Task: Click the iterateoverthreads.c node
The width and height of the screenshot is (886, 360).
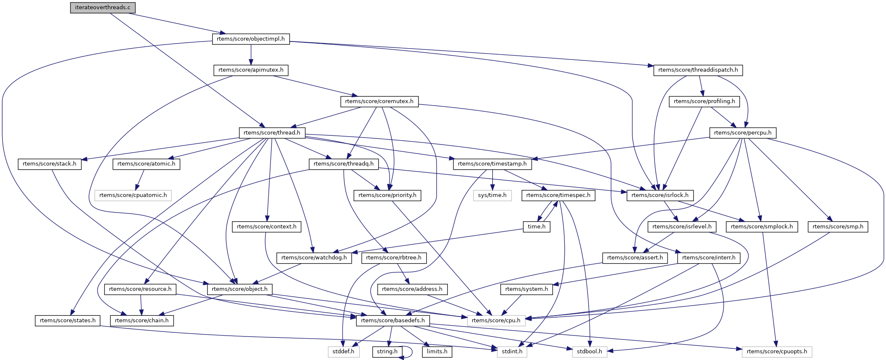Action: tap(103, 8)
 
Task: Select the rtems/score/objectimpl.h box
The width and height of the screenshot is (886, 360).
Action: tap(251, 39)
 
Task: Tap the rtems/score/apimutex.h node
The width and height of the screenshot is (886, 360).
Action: tap(251, 70)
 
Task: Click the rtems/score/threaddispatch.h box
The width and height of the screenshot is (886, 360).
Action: tap(698, 70)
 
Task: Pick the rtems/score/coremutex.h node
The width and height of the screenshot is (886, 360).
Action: tap(379, 101)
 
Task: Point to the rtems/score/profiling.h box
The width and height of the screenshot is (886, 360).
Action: tap(704, 101)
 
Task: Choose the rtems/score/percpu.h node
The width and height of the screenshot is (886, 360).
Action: tap(743, 133)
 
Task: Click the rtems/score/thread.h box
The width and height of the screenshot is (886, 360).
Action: tap(272, 133)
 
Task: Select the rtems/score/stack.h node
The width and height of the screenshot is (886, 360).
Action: tap(49, 164)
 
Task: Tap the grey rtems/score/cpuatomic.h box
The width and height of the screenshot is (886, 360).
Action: tap(133, 195)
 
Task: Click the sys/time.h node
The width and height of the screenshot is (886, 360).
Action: tap(492, 195)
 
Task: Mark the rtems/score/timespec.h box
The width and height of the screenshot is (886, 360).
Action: tap(558, 195)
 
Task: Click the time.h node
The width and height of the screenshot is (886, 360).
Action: tap(536, 227)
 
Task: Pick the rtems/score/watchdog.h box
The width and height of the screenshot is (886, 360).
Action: tap(314, 258)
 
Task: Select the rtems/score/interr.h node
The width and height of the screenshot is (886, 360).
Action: tap(709, 258)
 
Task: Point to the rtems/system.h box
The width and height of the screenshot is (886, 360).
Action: tap(526, 289)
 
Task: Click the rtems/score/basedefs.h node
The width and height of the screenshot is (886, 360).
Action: tap(392, 321)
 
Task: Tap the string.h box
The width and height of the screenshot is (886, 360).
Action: tap(387, 352)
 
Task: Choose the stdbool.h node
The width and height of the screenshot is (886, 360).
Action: tap(589, 352)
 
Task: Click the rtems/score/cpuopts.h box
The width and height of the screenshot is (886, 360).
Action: tap(777, 352)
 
